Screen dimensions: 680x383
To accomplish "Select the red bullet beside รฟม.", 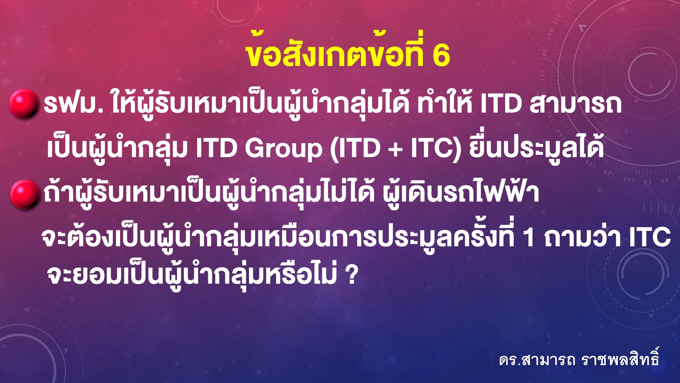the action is (x=23, y=103).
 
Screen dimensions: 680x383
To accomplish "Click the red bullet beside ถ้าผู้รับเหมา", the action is (x=24, y=194).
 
